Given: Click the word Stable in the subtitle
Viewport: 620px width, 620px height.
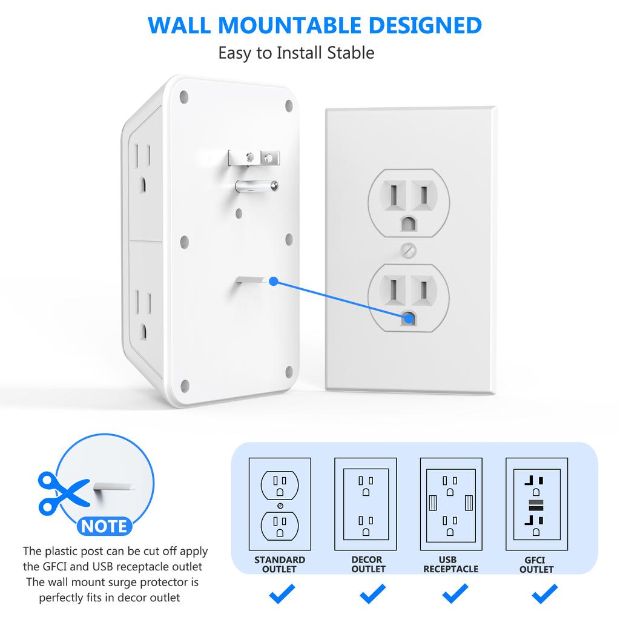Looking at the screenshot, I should [351, 53].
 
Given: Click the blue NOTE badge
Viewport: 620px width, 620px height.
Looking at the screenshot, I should [104, 526].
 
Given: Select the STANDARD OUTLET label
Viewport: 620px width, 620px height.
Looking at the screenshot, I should [280, 564].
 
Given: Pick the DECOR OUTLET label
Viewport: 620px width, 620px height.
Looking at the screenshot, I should [368, 564].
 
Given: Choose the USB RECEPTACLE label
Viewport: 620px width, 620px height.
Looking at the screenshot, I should [450, 564].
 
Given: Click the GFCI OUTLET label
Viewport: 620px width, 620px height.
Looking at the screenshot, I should [536, 565].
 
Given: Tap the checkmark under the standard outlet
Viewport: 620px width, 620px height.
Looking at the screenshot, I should [282, 595].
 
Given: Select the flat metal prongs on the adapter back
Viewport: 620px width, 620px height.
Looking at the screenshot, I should [254, 157].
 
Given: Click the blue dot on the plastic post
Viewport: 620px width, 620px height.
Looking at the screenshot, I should [273, 281].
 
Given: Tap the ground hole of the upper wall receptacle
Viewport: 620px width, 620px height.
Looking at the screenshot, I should [409, 224].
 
